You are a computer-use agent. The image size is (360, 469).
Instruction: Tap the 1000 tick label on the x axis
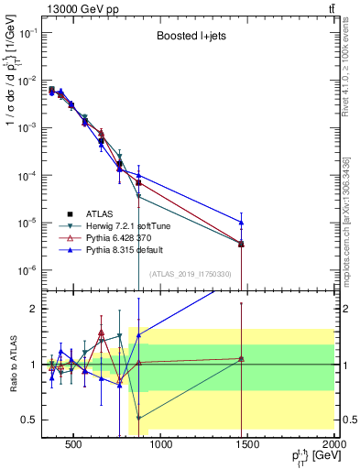pyautogui.click(x=160, y=444)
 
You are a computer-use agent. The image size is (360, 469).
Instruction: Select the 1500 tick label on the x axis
pyautogui.click(x=247, y=444)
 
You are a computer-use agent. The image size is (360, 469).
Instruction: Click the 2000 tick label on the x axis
pyautogui.click(x=333, y=444)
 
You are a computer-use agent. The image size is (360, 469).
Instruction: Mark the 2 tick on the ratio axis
pyautogui.click(x=33, y=309)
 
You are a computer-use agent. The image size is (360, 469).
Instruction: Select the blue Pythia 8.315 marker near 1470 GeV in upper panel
pyautogui.click(x=241, y=222)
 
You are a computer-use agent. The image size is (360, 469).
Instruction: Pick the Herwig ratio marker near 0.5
pyautogui.click(x=138, y=418)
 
